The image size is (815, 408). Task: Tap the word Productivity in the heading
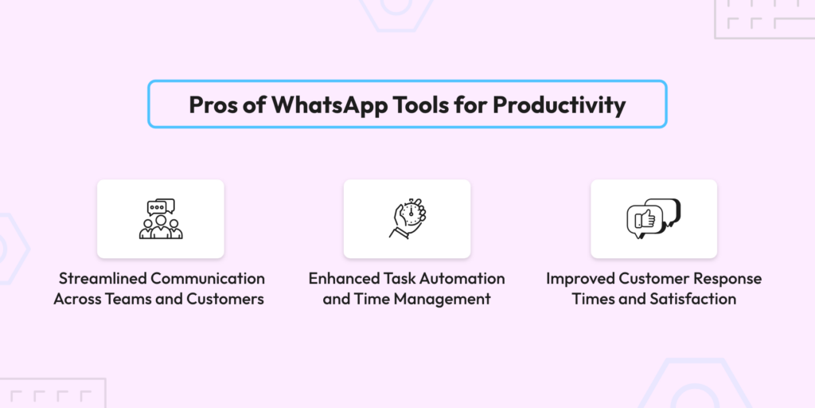pyautogui.click(x=560, y=105)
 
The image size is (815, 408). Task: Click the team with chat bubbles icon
pyautogui.click(x=161, y=218)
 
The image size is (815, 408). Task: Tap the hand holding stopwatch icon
pyautogui.click(x=407, y=218)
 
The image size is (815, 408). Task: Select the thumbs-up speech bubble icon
pyautogui.click(x=654, y=218)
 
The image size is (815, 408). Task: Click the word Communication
pyautogui.click(x=208, y=278)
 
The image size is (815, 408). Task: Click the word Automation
pyautogui.click(x=462, y=278)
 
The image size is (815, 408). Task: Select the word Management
pyautogui.click(x=445, y=300)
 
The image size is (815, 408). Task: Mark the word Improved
pyautogui.click(x=580, y=278)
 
